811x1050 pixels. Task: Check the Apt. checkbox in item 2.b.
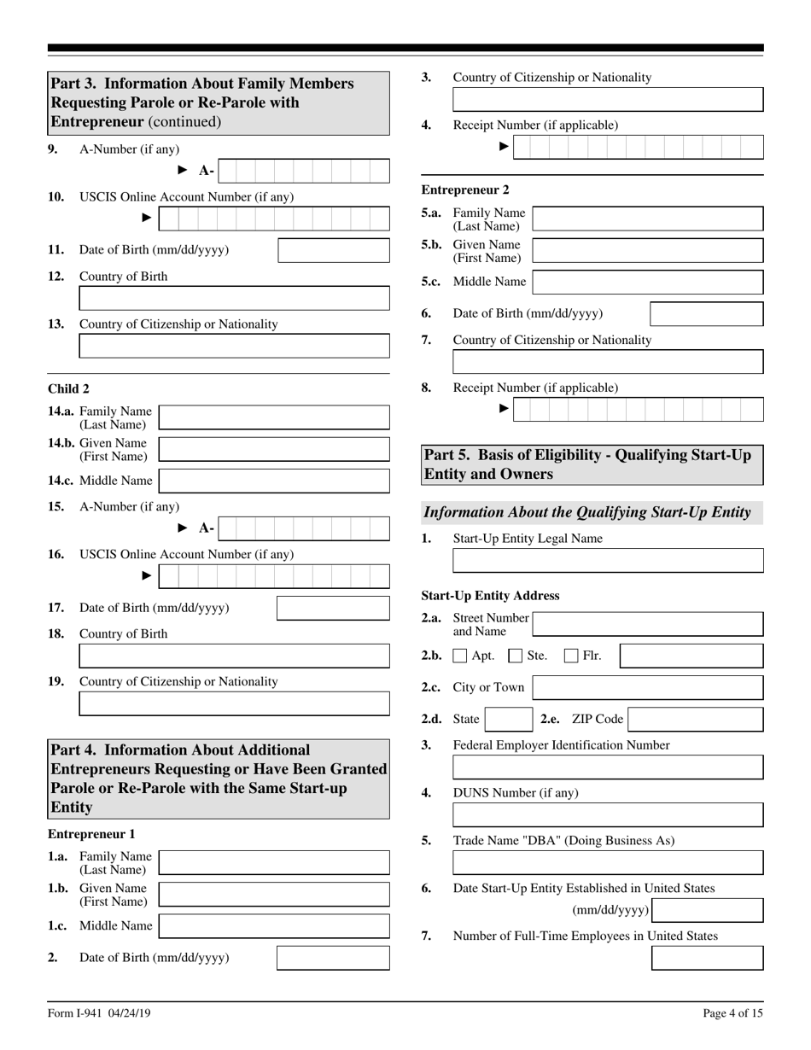click(x=460, y=656)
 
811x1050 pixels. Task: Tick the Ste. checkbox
click(x=516, y=656)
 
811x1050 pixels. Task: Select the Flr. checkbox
click(x=572, y=656)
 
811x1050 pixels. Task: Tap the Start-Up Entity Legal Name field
click(x=608, y=561)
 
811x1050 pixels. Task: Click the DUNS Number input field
click(x=608, y=814)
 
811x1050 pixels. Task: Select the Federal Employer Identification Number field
click(x=608, y=767)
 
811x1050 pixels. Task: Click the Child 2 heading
click(x=68, y=388)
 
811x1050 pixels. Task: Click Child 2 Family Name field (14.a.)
click(x=274, y=417)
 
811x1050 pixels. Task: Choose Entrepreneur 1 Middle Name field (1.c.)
click(x=274, y=925)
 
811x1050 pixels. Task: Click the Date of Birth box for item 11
click(x=333, y=250)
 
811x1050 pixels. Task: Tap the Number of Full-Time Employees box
click(x=708, y=958)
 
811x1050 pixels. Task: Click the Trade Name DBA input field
click(x=608, y=862)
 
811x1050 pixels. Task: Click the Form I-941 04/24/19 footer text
click(x=100, y=1013)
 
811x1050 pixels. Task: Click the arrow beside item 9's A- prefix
click(x=182, y=171)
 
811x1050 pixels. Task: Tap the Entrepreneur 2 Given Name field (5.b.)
click(x=647, y=250)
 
